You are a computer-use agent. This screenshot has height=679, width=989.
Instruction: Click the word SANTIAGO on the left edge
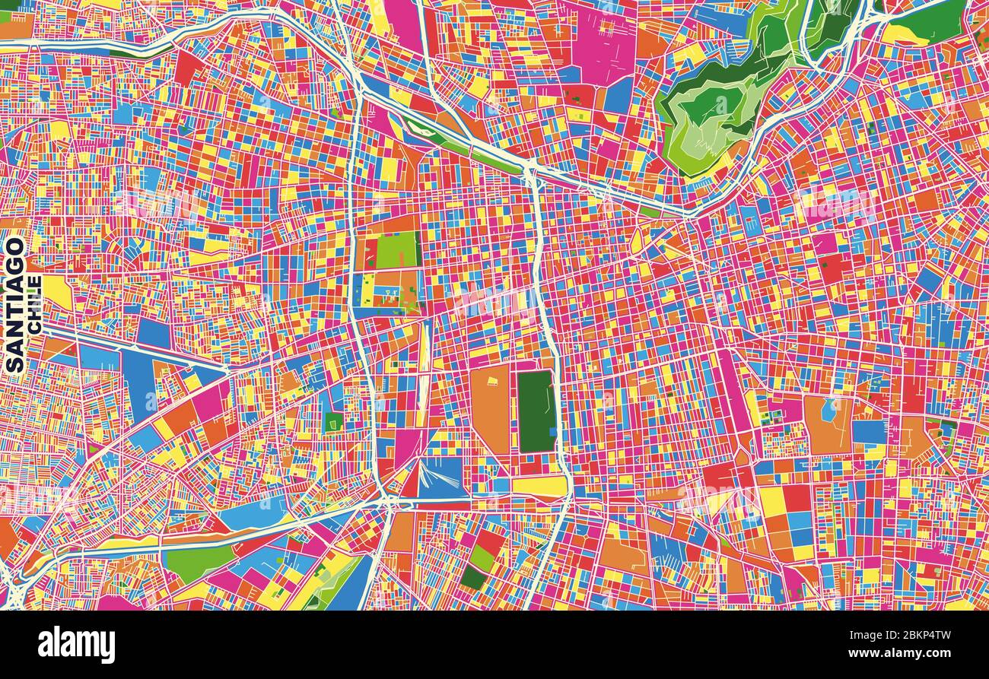[x=14, y=304]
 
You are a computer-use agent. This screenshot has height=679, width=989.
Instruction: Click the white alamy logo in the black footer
[x=76, y=644]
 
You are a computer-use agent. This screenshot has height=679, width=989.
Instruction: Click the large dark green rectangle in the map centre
[x=536, y=411]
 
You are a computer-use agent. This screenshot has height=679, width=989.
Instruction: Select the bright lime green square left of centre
[x=396, y=249]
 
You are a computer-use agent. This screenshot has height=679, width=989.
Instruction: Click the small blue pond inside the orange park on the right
[x=828, y=409]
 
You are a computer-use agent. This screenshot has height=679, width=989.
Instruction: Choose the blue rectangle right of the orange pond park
[x=868, y=431]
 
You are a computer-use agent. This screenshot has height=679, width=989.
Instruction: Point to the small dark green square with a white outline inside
[x=333, y=422]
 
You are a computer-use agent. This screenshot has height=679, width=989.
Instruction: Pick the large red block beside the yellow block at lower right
[x=796, y=499]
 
